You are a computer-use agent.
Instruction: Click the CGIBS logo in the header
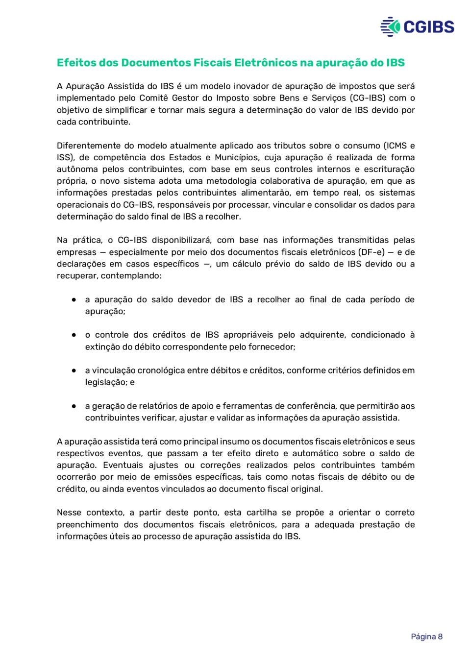tap(417, 26)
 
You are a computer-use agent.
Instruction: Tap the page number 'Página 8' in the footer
tap(426, 637)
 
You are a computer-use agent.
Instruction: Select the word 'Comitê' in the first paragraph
tap(154, 98)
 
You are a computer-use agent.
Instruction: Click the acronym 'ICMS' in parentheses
tap(396, 146)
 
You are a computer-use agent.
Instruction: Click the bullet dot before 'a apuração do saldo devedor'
tap(74, 299)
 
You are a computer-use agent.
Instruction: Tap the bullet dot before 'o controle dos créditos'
tap(74, 335)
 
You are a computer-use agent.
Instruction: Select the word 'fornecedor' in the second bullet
tap(272, 346)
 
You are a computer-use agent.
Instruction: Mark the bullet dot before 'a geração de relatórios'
tap(74, 406)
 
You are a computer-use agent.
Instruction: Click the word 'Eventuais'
tap(123, 465)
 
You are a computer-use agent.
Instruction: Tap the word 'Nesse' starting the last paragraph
tap(68, 513)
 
